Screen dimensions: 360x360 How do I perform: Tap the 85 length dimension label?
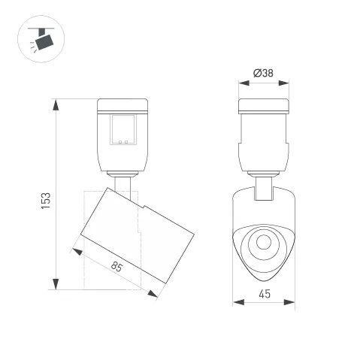coord(117,267)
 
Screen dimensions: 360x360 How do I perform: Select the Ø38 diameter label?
coord(263,73)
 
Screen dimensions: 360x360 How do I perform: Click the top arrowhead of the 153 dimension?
coord(56,104)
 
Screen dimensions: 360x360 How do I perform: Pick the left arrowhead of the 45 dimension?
coord(237,302)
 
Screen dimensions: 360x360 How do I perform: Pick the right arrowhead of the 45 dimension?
coord(289,302)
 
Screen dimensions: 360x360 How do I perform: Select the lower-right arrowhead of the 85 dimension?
coord(153,295)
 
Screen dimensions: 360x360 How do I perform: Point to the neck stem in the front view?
coord(263,188)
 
